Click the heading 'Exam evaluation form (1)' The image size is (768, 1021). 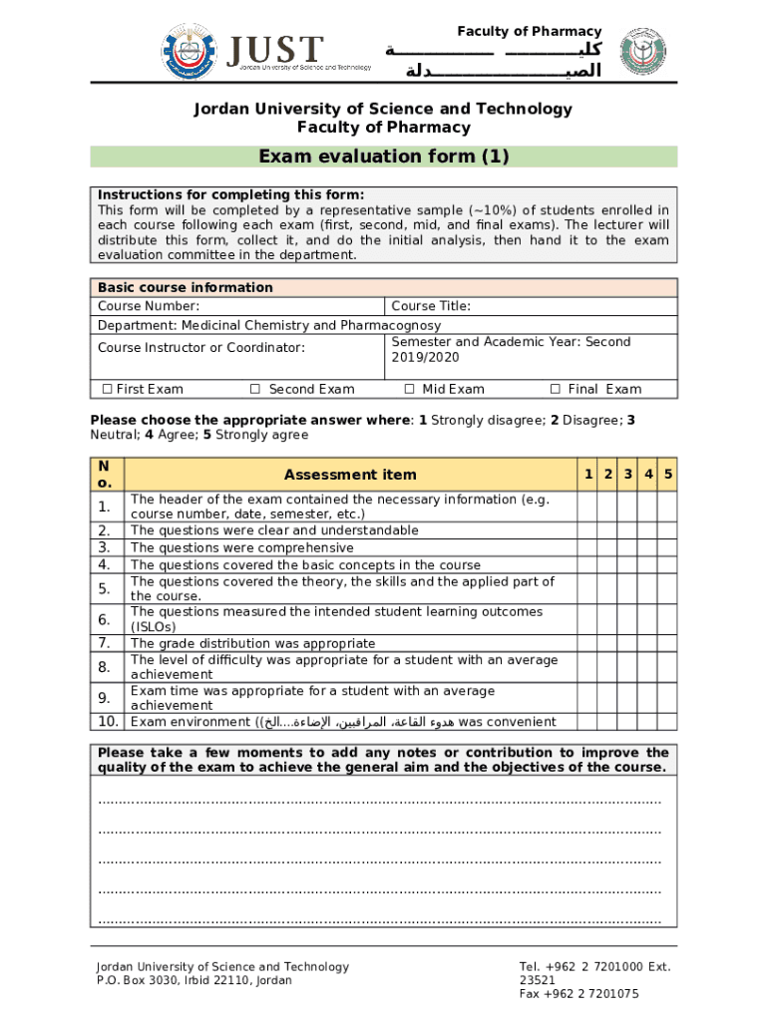(x=383, y=157)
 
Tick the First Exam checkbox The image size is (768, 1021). (x=107, y=389)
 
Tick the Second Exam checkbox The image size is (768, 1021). (x=255, y=389)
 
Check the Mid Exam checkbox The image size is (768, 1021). (x=409, y=389)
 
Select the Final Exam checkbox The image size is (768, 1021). (x=558, y=389)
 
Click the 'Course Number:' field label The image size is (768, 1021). (x=148, y=306)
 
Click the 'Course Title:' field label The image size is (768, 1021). (x=431, y=306)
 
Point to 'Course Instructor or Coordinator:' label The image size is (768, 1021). (x=200, y=348)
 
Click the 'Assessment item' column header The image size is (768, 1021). (x=350, y=475)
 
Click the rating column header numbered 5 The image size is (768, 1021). (x=668, y=474)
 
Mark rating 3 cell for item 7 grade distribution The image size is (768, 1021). (x=628, y=643)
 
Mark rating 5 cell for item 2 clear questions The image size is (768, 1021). (x=668, y=530)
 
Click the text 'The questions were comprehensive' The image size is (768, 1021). (x=241, y=547)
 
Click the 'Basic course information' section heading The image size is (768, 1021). (x=185, y=287)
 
